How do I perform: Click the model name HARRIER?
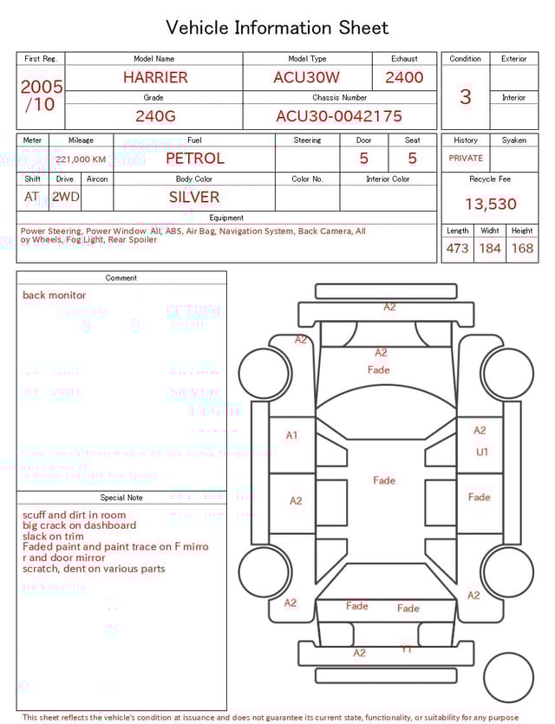coord(154,77)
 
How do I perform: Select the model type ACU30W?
coord(307,77)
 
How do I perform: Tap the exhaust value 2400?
coord(404,77)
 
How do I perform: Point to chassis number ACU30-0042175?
coord(339,116)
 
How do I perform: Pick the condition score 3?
coord(465,96)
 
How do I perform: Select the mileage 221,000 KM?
coord(81,160)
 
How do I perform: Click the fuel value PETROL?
coord(194,159)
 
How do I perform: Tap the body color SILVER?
coord(194,197)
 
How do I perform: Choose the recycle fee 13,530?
coord(490,205)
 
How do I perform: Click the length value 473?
coord(457,249)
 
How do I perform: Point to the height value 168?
coord(522,249)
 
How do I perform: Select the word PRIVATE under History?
coord(466,159)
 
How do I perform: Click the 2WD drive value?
coord(65,197)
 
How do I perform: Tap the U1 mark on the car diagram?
coord(482,452)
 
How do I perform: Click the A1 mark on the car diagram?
coord(292,435)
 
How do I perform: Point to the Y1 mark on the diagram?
coord(407,649)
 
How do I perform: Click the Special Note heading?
coord(121,498)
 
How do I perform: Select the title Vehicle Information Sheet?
coord(277,28)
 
